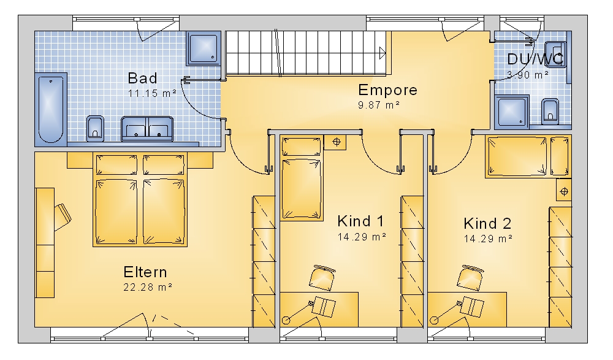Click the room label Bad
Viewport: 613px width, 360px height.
[x=143, y=79]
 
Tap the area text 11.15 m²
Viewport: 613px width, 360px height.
[x=152, y=93]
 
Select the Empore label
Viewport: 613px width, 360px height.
[x=388, y=90]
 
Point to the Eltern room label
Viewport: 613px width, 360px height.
[x=145, y=272]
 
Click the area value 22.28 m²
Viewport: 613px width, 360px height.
[x=148, y=287]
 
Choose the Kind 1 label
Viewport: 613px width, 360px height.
[x=361, y=221]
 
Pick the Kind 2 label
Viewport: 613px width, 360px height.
[x=487, y=223]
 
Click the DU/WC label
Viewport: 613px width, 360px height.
[x=535, y=59]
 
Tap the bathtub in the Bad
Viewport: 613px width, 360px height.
[x=51, y=110]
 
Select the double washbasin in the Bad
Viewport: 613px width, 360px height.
[x=147, y=128]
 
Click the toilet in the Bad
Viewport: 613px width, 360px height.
[x=95, y=128]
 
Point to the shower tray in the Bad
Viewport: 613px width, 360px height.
[x=204, y=48]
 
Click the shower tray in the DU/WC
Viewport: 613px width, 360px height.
[x=512, y=112]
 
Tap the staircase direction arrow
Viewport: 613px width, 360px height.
[x=383, y=53]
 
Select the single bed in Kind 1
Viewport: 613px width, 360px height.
[x=302, y=178]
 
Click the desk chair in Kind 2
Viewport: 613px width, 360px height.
[x=470, y=278]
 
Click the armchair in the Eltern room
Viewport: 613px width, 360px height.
[x=62, y=216]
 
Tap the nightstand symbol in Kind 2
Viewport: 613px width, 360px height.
[x=564, y=192]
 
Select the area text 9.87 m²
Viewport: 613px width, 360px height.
[x=378, y=105]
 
